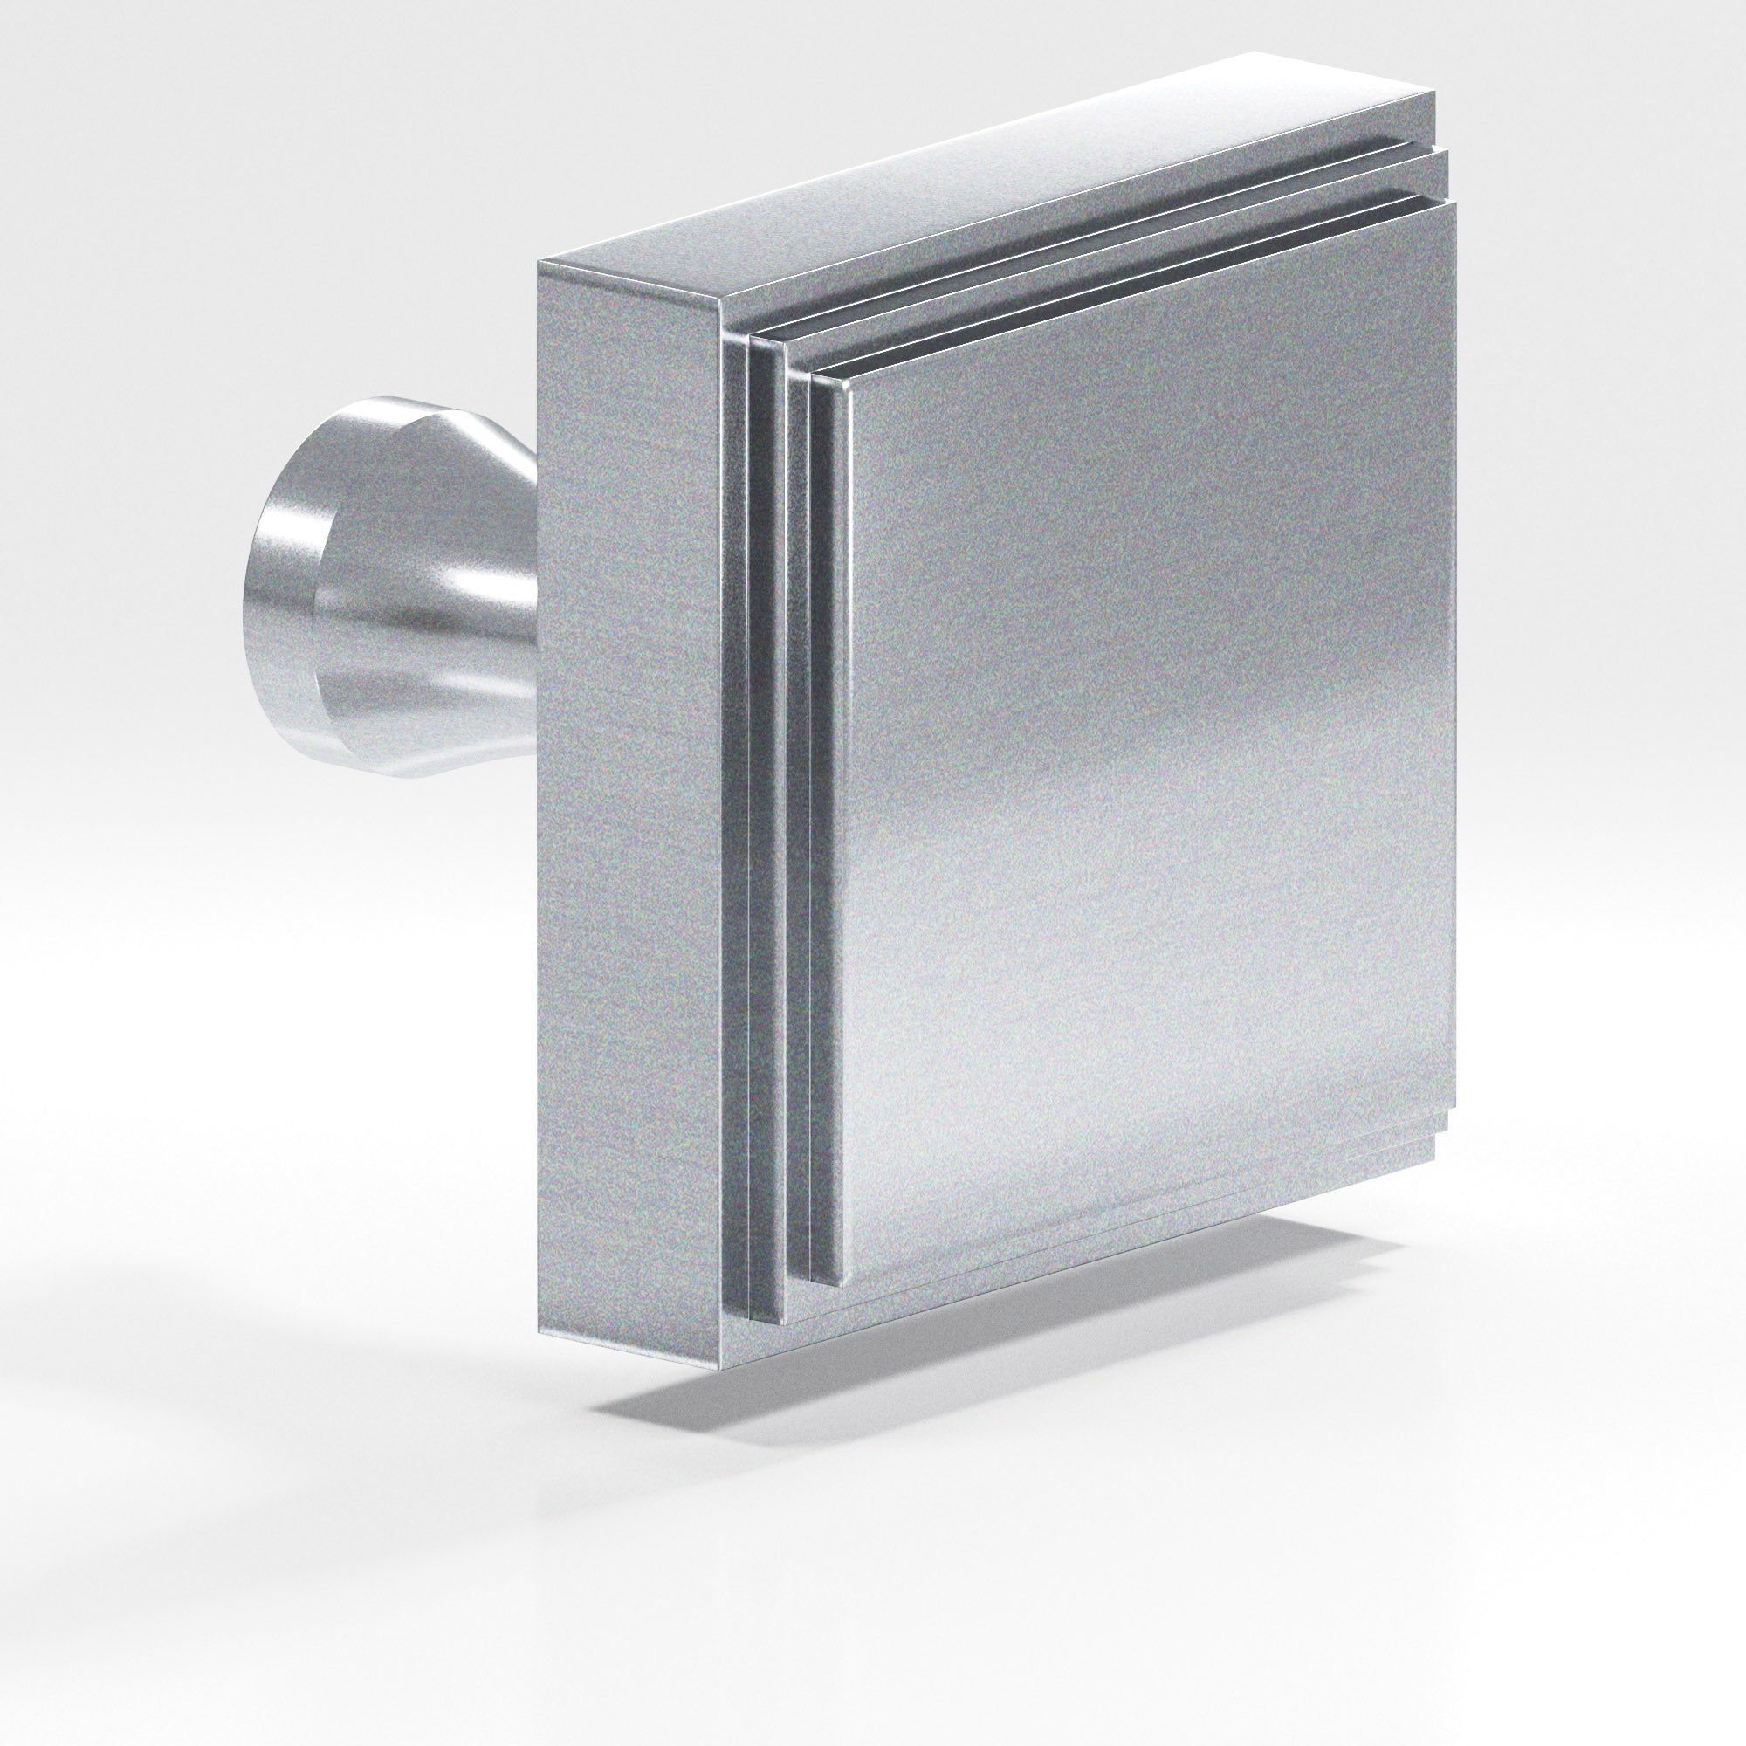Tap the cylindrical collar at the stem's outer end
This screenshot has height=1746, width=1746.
click(x=280, y=596)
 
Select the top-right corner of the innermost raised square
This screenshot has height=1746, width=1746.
click(x=1455, y=203)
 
